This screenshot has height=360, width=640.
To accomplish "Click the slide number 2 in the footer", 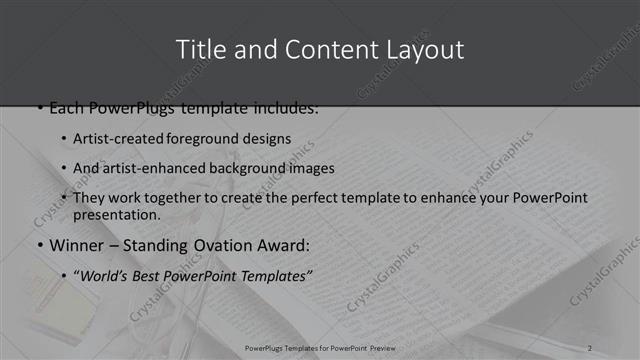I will (590, 347).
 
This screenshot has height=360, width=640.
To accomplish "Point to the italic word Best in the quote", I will (158, 273).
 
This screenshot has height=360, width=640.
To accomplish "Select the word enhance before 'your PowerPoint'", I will (451, 198).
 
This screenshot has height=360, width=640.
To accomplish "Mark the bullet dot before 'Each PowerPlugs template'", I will (39, 107).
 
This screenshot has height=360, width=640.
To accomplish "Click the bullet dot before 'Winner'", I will (39, 244).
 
